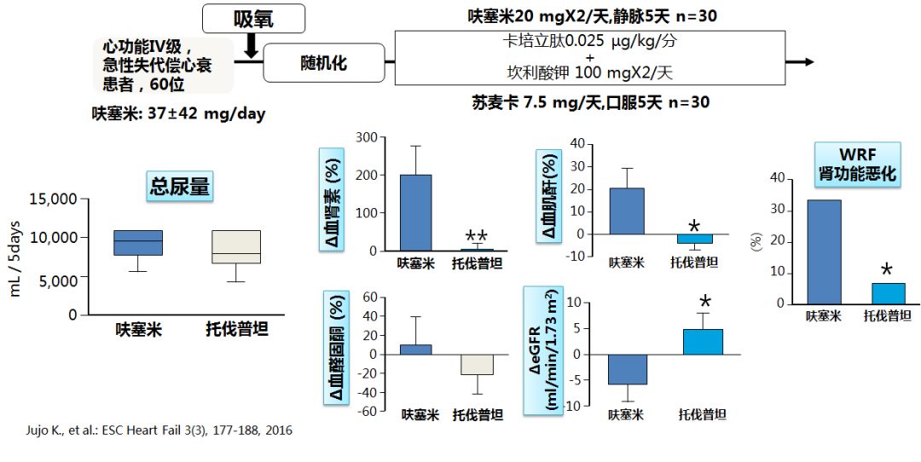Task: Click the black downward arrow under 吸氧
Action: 251,47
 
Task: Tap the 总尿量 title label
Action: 179,188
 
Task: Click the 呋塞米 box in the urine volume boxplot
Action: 138,243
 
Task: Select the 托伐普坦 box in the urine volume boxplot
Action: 237,246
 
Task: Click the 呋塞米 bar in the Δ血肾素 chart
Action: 415,212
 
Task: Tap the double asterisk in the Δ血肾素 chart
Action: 476,236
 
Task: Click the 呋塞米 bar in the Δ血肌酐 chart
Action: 627,211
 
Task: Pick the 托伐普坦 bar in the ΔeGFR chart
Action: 704,342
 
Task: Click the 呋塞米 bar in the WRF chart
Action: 824,251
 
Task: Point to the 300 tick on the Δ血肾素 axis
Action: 366,137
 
